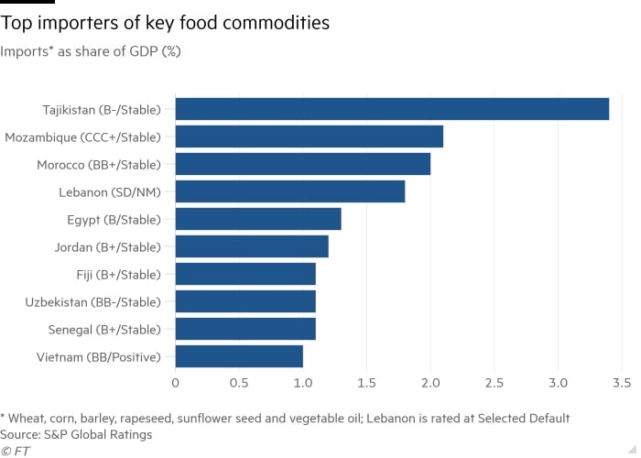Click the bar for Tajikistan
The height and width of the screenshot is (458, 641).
(x=392, y=109)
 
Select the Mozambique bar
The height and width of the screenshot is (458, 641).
(x=309, y=136)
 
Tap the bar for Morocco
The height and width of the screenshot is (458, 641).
(x=302, y=164)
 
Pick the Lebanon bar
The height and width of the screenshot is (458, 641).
(x=289, y=191)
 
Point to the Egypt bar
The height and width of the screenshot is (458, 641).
(x=257, y=219)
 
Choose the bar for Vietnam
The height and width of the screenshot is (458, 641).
(x=238, y=356)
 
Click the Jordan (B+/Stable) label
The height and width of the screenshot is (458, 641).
(x=106, y=246)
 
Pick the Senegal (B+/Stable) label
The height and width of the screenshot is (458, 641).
(x=104, y=329)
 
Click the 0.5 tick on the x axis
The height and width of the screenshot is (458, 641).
(x=239, y=382)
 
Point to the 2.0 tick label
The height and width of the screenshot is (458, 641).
(x=430, y=382)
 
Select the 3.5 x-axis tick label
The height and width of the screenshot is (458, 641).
(x=622, y=382)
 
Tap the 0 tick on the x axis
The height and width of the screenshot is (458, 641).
(x=175, y=382)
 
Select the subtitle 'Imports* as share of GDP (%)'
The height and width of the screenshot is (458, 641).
(x=91, y=51)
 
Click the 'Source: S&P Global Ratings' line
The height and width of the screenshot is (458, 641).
(x=77, y=434)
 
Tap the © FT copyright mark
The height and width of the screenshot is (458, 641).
(x=16, y=451)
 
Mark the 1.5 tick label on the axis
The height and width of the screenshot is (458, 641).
(x=366, y=382)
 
